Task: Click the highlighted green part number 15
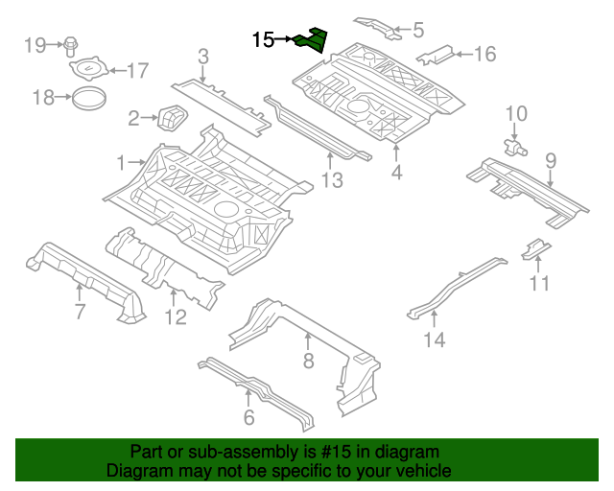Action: coord(312,40)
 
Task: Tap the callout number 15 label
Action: coord(264,40)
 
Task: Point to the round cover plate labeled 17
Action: coord(88,70)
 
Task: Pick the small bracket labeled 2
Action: coord(174,117)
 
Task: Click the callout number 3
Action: coord(203,58)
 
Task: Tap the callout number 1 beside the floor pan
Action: coord(121,163)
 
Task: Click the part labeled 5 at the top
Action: coord(382,26)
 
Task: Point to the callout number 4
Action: coord(396,173)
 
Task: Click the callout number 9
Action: coord(551,159)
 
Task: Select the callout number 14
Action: coord(435,339)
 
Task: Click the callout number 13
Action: coord(331,179)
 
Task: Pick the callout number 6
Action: coord(248,416)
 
